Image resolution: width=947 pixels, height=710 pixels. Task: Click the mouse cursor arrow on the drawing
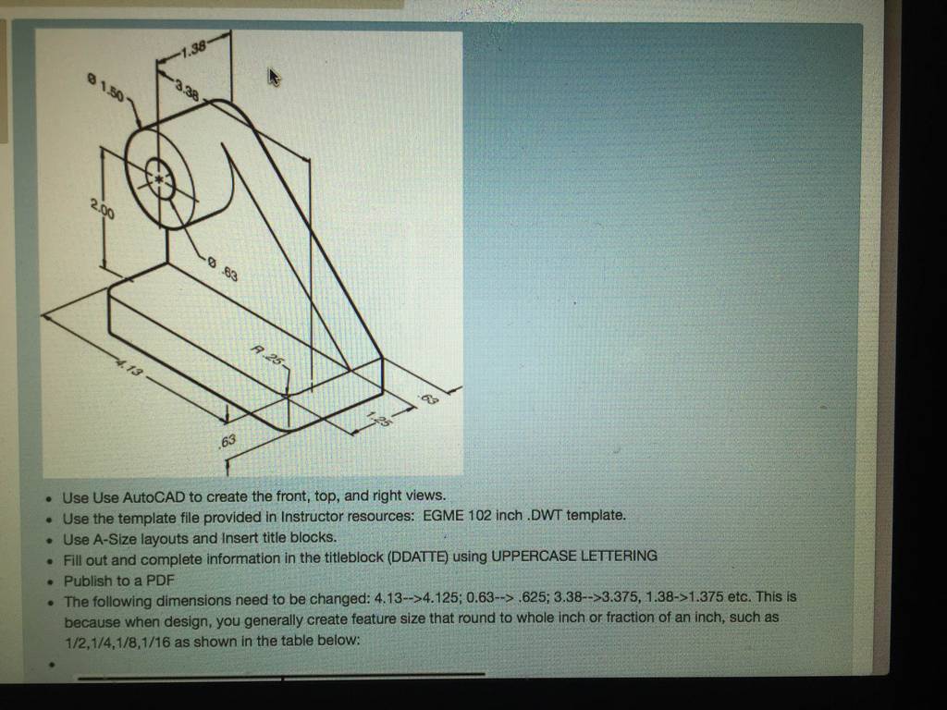coord(274,77)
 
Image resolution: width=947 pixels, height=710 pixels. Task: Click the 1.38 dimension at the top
coord(194,48)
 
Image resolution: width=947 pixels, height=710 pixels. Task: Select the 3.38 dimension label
coord(187,92)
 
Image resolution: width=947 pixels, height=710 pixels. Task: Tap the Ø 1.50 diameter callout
coord(105,88)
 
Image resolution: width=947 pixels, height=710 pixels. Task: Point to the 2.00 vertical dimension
coord(103,209)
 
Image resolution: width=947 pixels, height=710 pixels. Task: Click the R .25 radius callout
coord(266,355)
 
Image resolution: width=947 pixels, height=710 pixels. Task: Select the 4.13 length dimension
coord(129,367)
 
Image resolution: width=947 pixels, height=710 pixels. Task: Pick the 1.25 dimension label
coord(379,418)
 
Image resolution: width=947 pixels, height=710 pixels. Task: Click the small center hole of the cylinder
coord(159,178)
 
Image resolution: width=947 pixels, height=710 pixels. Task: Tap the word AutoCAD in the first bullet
coord(154,497)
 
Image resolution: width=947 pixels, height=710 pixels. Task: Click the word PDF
coord(161,581)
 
